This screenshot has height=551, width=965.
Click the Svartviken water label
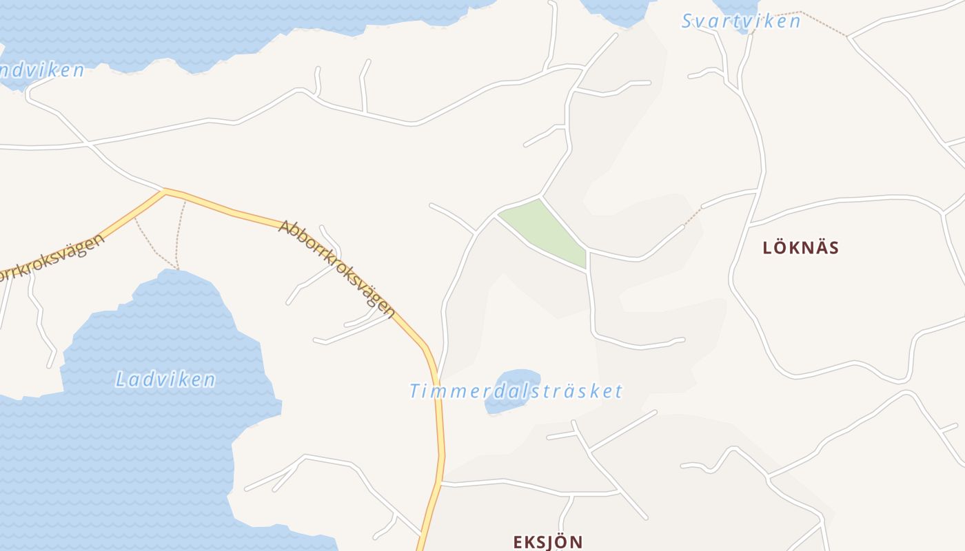click(741, 21)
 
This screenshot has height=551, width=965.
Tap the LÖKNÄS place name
click(800, 248)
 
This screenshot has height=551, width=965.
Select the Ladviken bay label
click(165, 380)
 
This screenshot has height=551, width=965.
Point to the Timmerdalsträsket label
click(516, 391)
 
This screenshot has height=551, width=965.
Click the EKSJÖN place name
click(548, 541)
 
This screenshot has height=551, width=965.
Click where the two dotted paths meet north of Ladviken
click(177, 269)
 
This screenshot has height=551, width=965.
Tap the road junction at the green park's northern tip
click(540, 198)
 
